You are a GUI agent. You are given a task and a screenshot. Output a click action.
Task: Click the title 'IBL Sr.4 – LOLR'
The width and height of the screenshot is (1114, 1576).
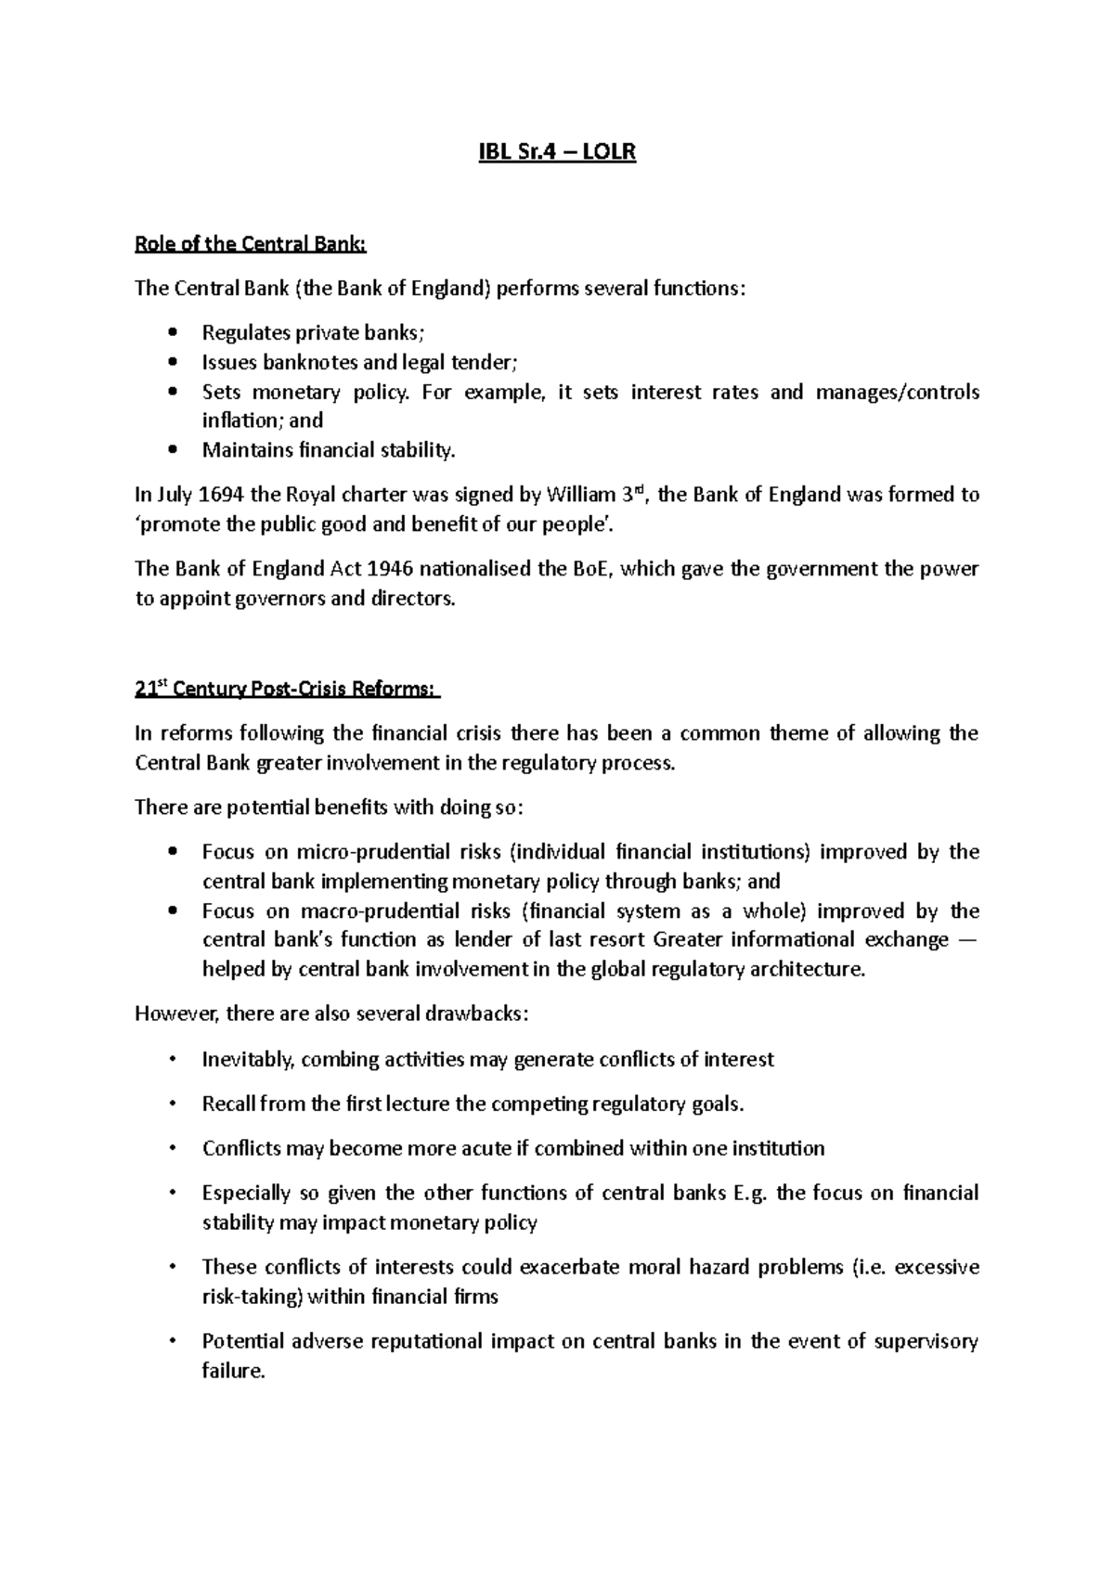tap(556, 152)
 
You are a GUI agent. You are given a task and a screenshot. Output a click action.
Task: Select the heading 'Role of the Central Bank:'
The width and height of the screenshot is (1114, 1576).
tap(251, 244)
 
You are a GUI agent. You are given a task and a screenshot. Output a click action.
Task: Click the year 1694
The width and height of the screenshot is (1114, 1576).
tap(224, 495)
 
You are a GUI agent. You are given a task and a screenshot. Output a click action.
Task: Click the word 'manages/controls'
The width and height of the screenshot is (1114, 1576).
tap(897, 392)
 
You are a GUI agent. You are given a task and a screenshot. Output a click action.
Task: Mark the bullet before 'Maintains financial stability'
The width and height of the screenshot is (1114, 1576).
tap(173, 451)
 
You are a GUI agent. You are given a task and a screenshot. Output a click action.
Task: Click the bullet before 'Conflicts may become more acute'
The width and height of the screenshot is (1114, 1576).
tap(173, 1148)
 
